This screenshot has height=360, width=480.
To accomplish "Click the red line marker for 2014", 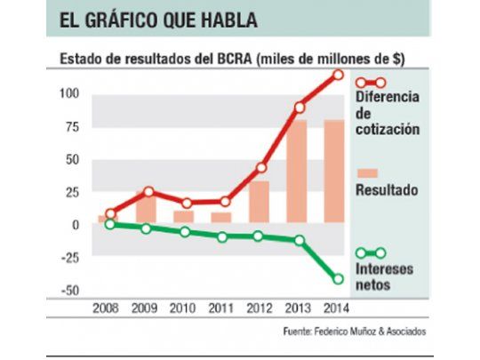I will [x=338, y=75].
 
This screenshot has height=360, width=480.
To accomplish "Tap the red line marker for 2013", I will [x=300, y=108].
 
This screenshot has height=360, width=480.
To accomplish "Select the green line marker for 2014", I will [x=338, y=279].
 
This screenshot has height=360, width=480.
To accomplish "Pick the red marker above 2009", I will [x=148, y=192].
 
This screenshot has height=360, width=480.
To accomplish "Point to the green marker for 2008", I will [x=110, y=224].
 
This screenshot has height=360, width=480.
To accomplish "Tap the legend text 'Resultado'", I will [x=388, y=190].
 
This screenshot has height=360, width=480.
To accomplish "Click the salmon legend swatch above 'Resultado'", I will [x=366, y=172].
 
